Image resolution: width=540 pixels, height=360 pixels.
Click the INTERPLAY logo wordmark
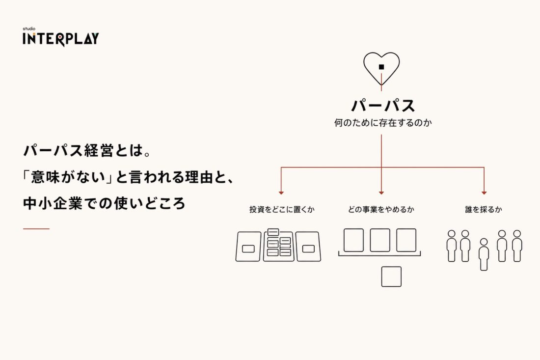click(x=60, y=39)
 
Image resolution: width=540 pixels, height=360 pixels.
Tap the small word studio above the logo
click(x=29, y=28)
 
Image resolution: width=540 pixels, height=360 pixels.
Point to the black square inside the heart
click(x=381, y=67)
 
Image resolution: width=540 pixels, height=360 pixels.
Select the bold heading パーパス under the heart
click(x=383, y=106)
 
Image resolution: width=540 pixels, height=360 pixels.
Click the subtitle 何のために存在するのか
click(x=383, y=123)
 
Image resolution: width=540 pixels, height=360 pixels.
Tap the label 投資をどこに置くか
click(x=282, y=209)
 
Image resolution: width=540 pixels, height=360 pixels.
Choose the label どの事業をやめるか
click(x=381, y=209)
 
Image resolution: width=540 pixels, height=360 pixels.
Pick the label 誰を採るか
click(x=484, y=209)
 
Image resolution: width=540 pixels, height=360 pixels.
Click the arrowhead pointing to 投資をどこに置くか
click(x=281, y=193)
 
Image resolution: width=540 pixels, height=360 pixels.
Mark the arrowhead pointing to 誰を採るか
click(x=484, y=193)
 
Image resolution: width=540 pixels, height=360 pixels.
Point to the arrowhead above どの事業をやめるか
click(x=381, y=193)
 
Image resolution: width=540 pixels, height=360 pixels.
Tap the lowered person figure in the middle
click(x=484, y=254)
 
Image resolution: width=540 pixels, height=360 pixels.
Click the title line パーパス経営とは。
click(x=87, y=151)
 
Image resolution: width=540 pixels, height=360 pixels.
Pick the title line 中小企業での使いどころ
click(x=105, y=203)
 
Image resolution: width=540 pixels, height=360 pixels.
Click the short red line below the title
click(x=36, y=228)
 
